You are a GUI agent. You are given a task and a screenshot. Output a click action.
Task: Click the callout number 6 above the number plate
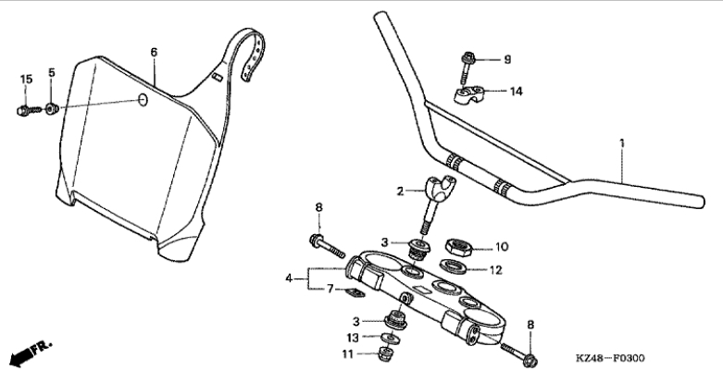coord(154,52)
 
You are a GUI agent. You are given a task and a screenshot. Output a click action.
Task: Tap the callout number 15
coord(26,80)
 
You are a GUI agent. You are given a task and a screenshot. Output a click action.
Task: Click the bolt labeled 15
coord(29,111)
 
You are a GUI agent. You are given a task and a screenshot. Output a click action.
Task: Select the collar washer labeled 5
coord(52,110)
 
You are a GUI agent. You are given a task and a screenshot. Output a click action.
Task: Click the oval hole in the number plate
coord(143,100)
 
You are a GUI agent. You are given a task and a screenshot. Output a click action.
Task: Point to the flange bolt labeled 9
coord(467,68)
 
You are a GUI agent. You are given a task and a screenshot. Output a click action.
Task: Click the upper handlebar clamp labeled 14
coord(468,95)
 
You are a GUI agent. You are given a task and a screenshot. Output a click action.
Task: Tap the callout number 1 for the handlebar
coord(622,143)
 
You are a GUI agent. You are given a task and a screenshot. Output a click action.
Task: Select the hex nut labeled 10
coord(460,247)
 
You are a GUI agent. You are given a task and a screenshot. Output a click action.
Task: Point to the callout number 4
coord(289,278)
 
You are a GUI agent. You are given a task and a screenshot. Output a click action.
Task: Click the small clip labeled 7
coord(354,292)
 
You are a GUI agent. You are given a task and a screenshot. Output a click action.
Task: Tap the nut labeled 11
coord(386,354)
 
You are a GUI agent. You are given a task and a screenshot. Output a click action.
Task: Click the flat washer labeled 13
coord(390,339)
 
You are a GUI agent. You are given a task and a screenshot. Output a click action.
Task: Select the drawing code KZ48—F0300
coord(610,358)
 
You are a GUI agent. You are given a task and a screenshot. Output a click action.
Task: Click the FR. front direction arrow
coord(31,353)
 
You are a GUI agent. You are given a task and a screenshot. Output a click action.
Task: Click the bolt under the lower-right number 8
coord(519,352)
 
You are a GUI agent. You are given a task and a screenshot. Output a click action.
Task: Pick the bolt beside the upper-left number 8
coord(328,247)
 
